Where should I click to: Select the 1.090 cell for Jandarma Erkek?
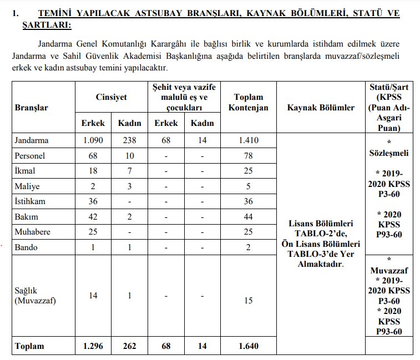[93, 140]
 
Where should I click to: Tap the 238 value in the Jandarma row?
[129, 140]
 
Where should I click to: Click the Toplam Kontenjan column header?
[248, 103]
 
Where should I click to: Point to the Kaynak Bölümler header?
[321, 108]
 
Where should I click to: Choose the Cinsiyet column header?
[111, 97]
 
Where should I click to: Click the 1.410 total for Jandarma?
[248, 140]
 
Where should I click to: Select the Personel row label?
[31, 156]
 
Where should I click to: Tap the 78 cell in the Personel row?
[248, 156]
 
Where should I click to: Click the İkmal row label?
[26, 171]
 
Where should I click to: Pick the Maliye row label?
[28, 186]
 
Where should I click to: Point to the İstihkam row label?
[30, 201]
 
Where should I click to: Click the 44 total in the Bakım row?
[248, 217]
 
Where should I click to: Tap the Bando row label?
[26, 247]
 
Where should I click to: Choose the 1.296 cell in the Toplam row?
[93, 346]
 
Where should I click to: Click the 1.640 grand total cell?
[248, 346]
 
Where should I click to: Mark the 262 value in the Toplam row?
[129, 346]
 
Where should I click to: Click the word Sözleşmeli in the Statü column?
[389, 152]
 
